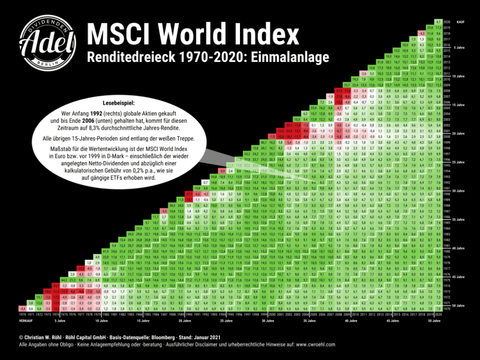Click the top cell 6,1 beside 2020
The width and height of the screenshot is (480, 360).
click(x=438, y=22)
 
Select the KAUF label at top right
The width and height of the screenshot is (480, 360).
click(x=461, y=22)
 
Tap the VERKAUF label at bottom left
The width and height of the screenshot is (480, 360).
click(x=26, y=318)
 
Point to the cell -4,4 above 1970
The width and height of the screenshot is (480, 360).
click(x=22, y=308)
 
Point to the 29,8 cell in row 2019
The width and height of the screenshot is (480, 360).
click(x=430, y=27)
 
